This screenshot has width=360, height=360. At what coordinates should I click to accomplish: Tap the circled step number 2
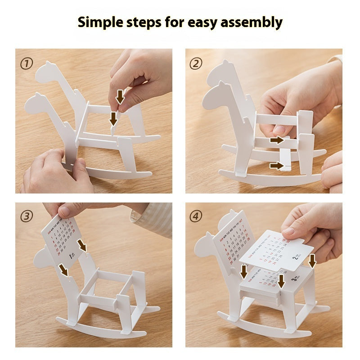click(196, 63)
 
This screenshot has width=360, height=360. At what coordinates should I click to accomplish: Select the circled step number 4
click(196, 216)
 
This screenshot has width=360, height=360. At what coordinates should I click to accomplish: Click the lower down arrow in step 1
click(113, 118)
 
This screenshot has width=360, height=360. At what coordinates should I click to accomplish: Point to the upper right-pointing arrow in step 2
click(277, 140)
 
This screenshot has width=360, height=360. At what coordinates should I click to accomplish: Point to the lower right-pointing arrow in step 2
click(276, 166)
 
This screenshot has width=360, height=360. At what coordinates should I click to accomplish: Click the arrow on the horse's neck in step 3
click(63, 270)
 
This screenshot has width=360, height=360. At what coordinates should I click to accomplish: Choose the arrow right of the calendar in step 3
click(82, 245)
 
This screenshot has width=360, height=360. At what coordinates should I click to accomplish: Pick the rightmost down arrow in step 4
click(312, 260)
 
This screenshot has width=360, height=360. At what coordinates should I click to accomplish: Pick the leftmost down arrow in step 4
click(244, 271)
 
